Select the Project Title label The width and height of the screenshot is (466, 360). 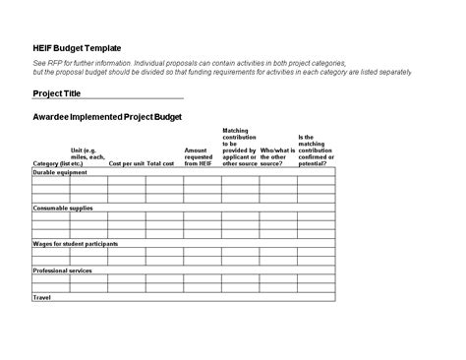(x=57, y=93)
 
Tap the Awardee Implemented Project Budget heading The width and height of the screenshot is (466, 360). (x=108, y=117)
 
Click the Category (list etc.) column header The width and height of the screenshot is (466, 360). (x=58, y=163)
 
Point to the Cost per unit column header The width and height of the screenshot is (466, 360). (x=127, y=163)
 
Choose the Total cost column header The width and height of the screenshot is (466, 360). (x=160, y=163)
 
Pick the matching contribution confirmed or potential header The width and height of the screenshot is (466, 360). (x=316, y=150)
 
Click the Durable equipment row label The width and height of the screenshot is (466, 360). (x=61, y=172)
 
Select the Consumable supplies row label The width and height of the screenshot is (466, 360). (x=64, y=209)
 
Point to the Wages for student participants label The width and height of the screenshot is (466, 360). (x=76, y=244)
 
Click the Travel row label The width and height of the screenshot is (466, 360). (x=42, y=297)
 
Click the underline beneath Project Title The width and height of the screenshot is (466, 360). (x=108, y=99)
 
